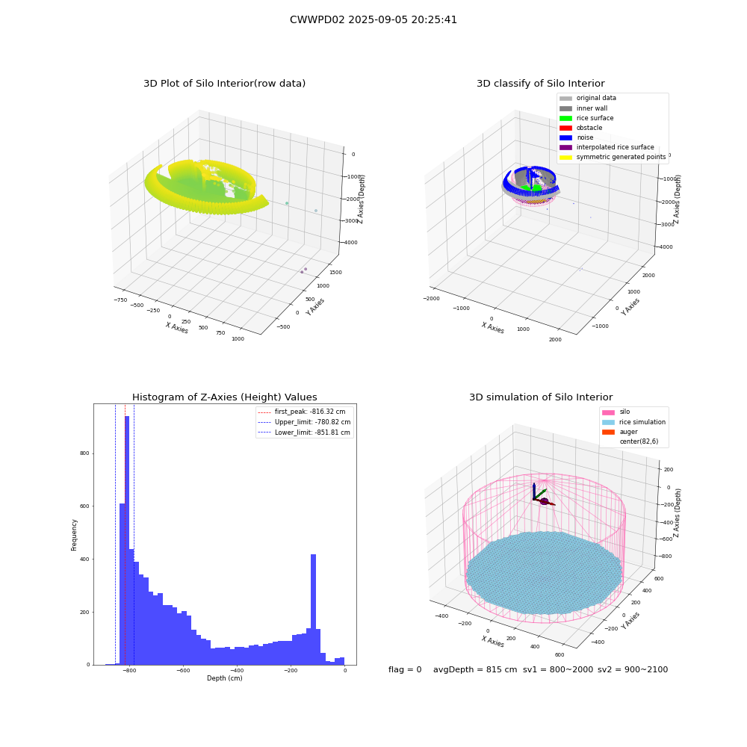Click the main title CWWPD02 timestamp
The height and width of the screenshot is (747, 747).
pyautogui.click(x=373, y=20)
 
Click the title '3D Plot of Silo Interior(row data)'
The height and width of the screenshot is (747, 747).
pyautogui.click(x=224, y=84)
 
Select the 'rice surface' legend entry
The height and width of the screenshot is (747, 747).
pyautogui.click(x=586, y=118)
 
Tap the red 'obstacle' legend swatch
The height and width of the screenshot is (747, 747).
pyautogui.click(x=565, y=128)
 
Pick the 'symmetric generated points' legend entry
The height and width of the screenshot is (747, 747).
pyautogui.click(x=613, y=157)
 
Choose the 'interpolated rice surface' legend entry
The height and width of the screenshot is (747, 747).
pyautogui.click(x=607, y=147)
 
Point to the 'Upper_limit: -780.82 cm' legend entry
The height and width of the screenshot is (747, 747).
pyautogui.click(x=304, y=422)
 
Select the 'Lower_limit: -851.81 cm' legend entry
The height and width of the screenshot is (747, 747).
pyautogui.click(x=304, y=433)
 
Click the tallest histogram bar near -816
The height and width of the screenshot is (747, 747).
pyautogui.click(x=127, y=540)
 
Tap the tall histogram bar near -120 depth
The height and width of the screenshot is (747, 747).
pyautogui.click(x=314, y=610)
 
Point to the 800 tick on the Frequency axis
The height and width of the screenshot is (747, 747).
pyautogui.click(x=85, y=453)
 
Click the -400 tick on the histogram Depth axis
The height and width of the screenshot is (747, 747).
pyautogui.click(x=237, y=670)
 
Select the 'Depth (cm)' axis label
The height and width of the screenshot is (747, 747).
pyautogui.click(x=225, y=678)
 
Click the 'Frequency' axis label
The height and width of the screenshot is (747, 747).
pyautogui.click(x=74, y=535)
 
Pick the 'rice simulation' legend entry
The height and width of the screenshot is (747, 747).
pyautogui.click(x=633, y=422)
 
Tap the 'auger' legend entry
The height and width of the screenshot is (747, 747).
pyautogui.click(x=620, y=432)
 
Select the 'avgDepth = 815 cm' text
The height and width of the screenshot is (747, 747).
pyautogui.click(x=475, y=669)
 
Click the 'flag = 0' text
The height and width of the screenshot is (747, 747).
pyautogui.click(x=405, y=669)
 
